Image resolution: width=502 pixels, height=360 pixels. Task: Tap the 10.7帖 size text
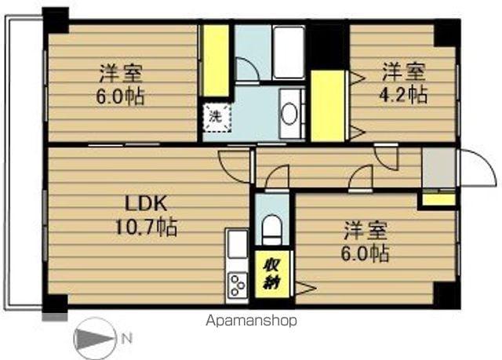point(147,228)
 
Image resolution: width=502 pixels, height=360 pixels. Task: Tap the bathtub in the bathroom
point(288,52)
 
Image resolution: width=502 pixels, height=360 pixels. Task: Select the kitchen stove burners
point(236,286)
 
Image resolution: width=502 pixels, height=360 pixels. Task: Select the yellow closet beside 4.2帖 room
point(329,105)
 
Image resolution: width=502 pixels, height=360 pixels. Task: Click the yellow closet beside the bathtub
point(215,60)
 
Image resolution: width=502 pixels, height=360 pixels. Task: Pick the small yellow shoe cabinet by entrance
point(439,199)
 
